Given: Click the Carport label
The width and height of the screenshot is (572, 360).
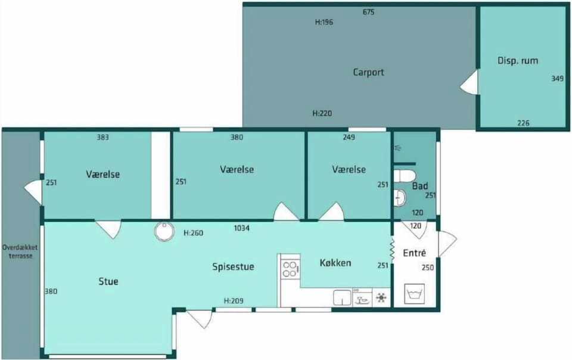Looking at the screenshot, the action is pos(368,72).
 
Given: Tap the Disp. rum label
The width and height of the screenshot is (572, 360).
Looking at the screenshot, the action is pos(518,61).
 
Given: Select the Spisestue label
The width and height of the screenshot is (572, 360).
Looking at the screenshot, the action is pos(233,266).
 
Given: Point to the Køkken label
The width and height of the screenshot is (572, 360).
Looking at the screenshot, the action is pos(335,263).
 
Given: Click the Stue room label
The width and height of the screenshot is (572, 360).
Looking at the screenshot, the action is pos(108,281).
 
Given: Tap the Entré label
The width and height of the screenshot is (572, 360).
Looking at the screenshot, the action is pos(415,253).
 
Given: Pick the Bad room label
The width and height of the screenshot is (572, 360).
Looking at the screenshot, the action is pos(420,186).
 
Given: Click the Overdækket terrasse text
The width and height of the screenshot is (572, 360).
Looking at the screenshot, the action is pos(20,252).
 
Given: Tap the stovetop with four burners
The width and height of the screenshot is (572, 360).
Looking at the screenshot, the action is pos(290,269).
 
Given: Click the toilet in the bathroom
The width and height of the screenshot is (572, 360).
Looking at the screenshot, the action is pos(405,176).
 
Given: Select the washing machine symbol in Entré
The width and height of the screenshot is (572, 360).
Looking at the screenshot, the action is pos(415,294).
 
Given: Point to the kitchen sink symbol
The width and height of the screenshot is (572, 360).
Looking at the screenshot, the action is pos(342,297).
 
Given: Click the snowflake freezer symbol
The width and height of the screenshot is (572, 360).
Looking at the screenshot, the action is pos(381,298).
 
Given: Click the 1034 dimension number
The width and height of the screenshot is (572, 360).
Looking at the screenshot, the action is pos(241,228).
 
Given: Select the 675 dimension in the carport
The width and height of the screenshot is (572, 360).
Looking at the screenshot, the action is pos(368,12).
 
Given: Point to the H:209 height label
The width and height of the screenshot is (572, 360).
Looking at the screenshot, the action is pos(234,301).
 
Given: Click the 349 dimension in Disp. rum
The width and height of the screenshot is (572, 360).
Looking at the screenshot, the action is pos(558,79).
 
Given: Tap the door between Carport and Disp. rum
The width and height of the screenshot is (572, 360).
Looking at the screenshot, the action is pos(469,82).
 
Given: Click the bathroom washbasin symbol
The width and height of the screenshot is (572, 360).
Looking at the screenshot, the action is pos(400,197).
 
